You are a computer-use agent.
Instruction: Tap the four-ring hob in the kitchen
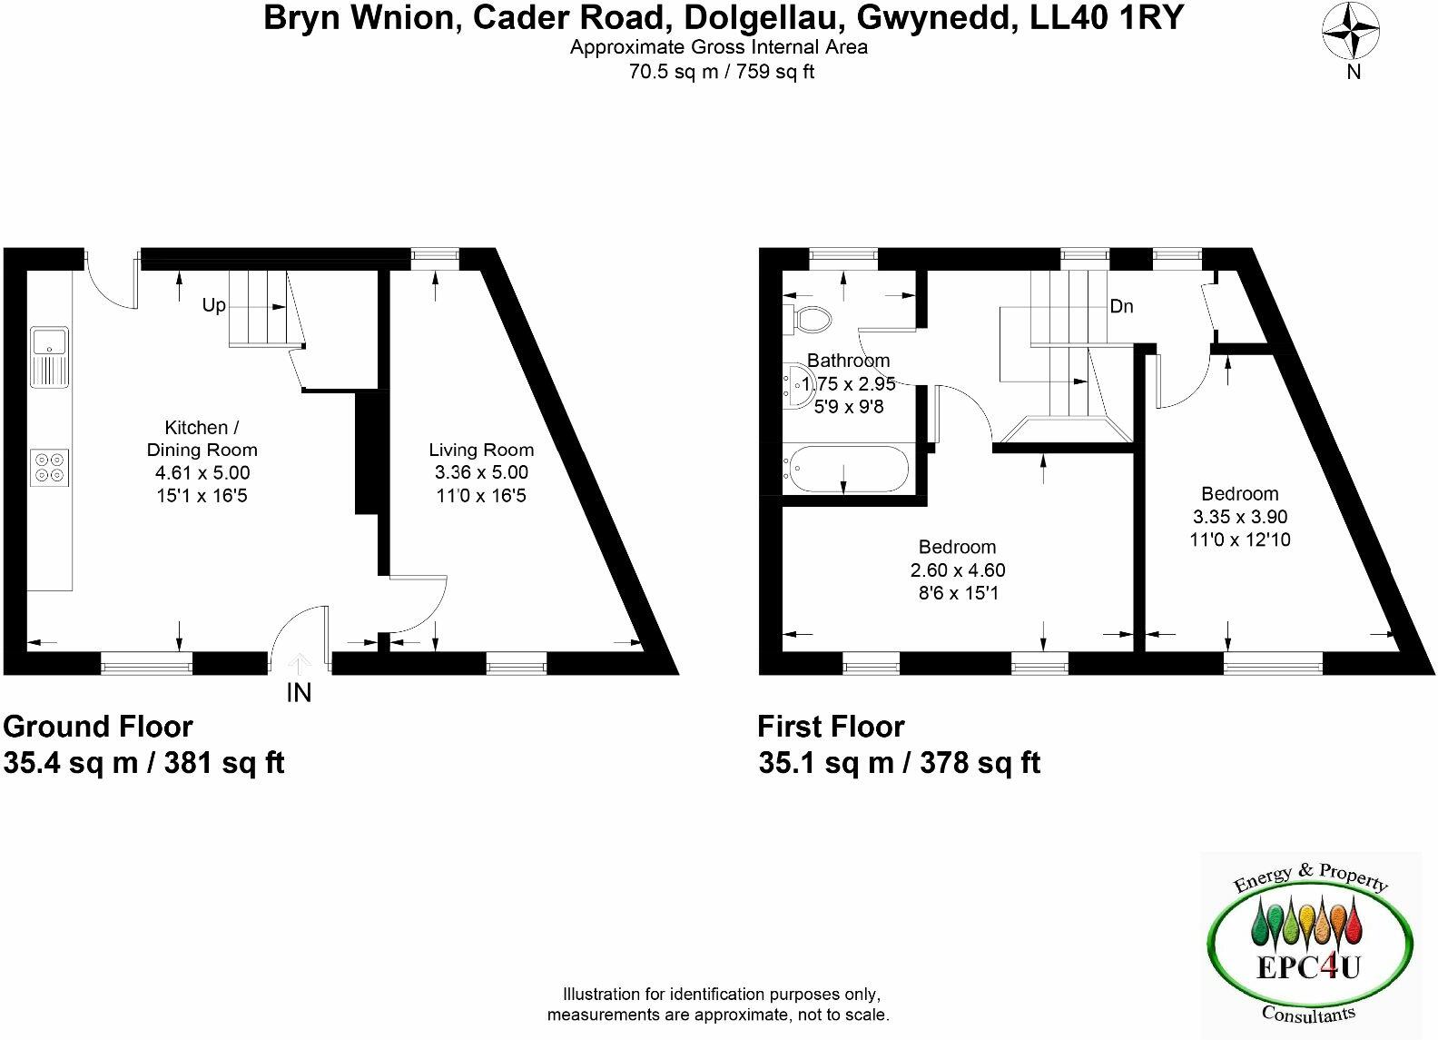50,467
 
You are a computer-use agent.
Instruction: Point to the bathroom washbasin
794,386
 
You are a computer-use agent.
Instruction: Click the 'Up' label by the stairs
214,305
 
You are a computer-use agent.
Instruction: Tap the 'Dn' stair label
1122,306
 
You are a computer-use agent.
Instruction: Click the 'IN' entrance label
299,693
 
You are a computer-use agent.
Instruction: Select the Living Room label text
481,450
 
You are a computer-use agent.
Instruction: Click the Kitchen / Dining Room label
202,439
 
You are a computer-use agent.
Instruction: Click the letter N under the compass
1354,73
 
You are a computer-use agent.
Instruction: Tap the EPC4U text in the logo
1308,968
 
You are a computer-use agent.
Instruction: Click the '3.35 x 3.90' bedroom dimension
1240,517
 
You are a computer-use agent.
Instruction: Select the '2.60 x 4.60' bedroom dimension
958,570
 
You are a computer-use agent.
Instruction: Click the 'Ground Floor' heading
98,727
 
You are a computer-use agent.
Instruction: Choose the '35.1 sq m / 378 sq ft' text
899,763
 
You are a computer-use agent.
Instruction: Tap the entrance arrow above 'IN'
299,665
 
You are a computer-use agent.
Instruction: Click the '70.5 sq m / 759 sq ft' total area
722,72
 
